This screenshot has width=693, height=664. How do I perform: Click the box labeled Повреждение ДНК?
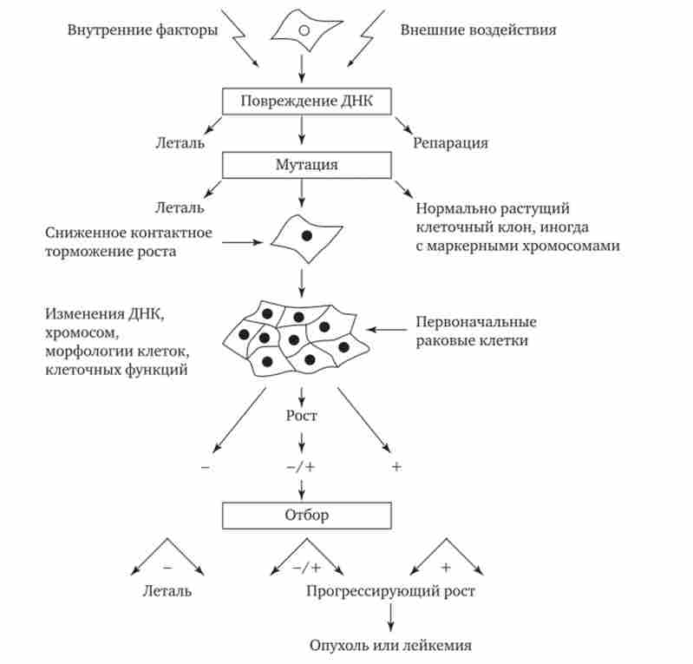[303, 102]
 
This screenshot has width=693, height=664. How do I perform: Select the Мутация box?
[303, 164]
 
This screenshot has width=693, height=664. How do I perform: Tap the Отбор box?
[303, 515]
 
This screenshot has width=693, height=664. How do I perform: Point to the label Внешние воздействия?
[478, 30]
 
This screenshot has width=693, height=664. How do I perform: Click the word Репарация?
[450, 143]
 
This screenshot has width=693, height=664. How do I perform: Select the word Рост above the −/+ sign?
[302, 416]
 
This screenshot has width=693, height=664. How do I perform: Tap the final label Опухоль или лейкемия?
[391, 646]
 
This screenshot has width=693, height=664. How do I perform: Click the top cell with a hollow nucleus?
[303, 30]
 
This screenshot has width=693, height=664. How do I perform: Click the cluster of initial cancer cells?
[296, 333]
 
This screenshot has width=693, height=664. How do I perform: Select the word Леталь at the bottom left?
[167, 591]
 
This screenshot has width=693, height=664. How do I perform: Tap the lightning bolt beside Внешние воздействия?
[365, 39]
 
